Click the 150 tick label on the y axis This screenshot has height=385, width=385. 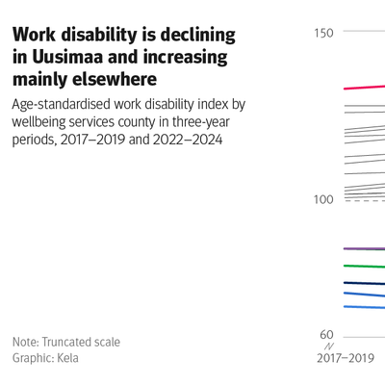pos(323,33)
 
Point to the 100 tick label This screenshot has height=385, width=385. pos(323,199)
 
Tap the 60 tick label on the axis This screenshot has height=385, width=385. pos(326,335)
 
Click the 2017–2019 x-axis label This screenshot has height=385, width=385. pos(346,358)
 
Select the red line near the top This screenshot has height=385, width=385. pos(365,88)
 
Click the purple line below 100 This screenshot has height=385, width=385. pos(365,248)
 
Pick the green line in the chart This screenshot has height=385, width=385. pos(365,266)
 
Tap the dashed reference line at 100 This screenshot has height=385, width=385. pos(365,201)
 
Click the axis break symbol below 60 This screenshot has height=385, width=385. pos(329,346)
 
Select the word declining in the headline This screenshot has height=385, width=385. pos(197,36)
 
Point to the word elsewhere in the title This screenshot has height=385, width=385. pos(115,79)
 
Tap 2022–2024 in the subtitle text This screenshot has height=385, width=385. pos(188,140)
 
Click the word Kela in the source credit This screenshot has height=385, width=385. pos(67,358)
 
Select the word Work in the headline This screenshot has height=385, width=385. pos(34,35)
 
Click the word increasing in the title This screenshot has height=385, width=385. pos(186,58)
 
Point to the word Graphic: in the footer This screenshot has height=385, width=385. pos(33,358)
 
